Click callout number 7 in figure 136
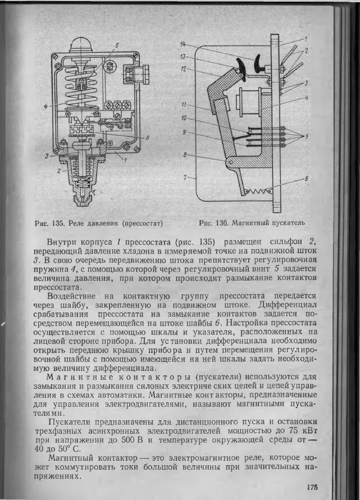tap(185, 178)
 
